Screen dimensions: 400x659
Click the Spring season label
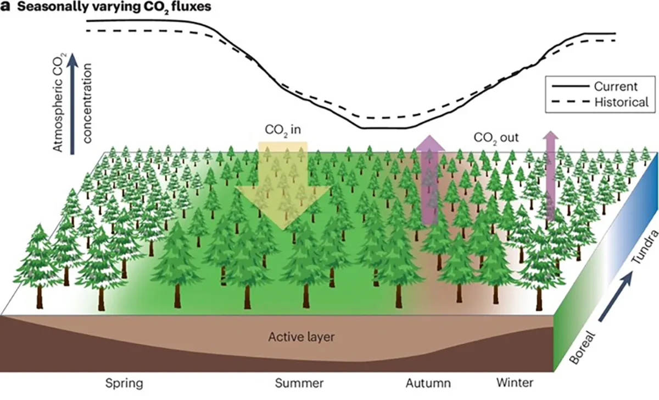124,382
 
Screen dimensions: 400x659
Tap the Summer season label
299,382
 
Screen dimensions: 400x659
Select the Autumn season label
428,382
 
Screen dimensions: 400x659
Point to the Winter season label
514,382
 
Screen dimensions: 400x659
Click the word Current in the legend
616,86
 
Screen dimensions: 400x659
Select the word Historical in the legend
621,102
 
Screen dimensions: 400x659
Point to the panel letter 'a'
6,8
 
